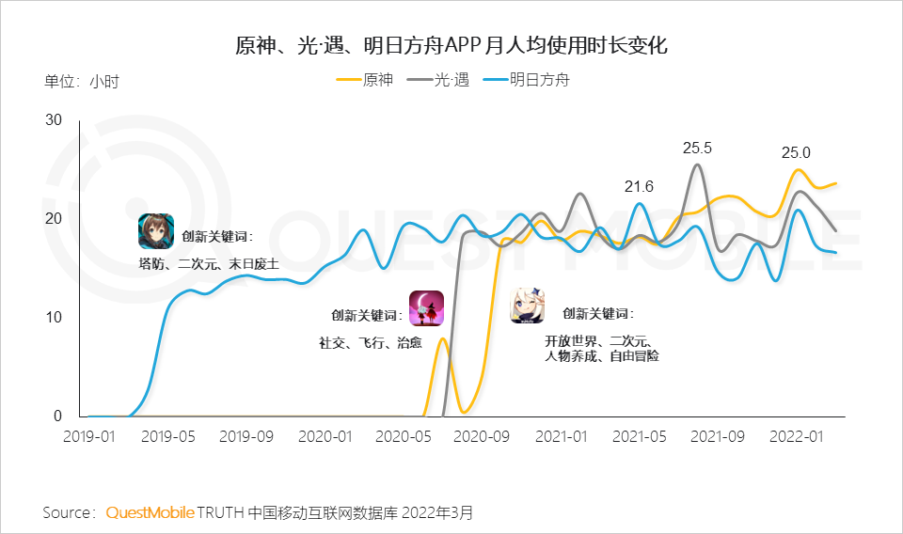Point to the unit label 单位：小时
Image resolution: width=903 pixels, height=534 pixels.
pos(82,81)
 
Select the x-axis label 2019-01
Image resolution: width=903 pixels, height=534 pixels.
pos(88,437)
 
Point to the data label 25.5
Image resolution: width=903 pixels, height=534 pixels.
pos(697,148)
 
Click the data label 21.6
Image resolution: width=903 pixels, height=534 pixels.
pos(639,186)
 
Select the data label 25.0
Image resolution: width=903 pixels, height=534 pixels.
pos(796,152)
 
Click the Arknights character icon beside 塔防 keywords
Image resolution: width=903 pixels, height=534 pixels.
pos(155,230)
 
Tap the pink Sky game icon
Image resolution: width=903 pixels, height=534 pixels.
pos(426,307)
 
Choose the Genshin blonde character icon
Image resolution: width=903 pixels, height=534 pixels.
pos(529,306)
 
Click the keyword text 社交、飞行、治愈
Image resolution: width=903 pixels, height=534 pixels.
pos(370,343)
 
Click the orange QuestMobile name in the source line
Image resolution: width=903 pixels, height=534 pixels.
pos(150,512)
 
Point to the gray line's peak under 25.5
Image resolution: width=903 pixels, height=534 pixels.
pos(697,165)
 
